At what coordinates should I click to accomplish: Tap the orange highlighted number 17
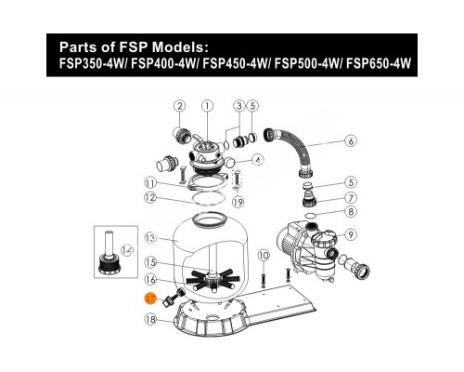[x=149, y=298]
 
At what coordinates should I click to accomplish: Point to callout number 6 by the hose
[x=351, y=143]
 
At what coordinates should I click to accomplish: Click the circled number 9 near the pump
[x=351, y=234]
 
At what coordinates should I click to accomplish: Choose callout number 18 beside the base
[x=149, y=319]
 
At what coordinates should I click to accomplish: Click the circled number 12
[x=150, y=197]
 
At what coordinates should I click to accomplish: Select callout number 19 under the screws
[x=238, y=200]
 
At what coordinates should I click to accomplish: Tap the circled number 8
[x=351, y=212]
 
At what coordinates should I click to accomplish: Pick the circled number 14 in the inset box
[x=127, y=250]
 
